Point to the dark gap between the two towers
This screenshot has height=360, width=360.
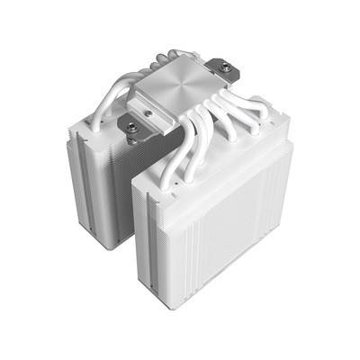pos(126,193)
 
